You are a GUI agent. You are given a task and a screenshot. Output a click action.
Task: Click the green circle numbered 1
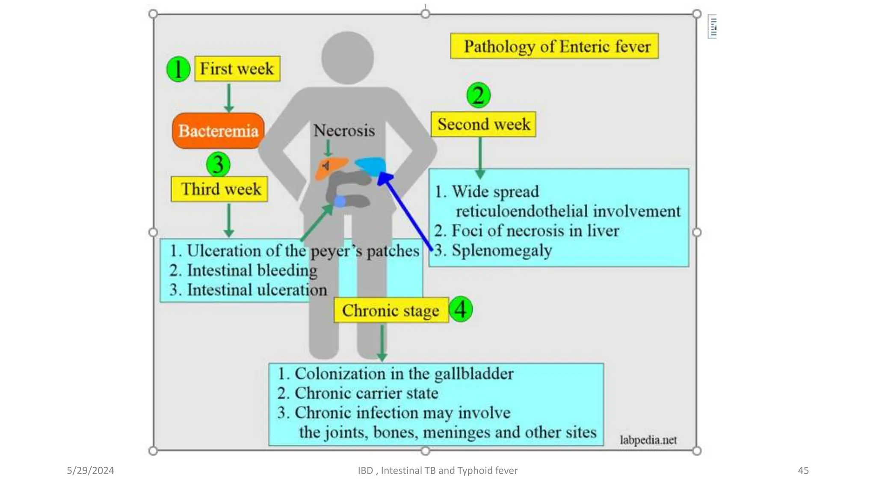pos(178,69)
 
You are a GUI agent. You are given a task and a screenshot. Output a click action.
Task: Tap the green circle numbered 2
pos(478,95)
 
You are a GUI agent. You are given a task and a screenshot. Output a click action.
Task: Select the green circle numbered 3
pos(218,164)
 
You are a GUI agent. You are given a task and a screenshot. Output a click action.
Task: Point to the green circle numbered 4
pos(461,309)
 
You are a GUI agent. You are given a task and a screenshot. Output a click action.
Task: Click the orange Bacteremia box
pos(218,131)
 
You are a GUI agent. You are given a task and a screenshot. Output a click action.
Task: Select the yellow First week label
pos(237,68)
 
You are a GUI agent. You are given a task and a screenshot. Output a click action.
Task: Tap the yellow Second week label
pos(483,125)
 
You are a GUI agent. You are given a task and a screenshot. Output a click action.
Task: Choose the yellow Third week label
pos(219,189)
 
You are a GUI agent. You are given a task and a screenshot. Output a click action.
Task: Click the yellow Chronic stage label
pos(391,310)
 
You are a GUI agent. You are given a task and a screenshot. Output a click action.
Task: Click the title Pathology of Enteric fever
pos(554,46)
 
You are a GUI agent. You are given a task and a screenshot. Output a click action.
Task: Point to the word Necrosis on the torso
pos(344,131)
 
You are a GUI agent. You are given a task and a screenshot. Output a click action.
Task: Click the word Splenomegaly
pos(502,250)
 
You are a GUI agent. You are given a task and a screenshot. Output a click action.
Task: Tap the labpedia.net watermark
pos(648,440)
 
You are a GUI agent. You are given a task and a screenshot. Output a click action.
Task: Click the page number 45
pos(803,470)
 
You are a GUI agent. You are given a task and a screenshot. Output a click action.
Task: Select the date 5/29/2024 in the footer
pos(90,470)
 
